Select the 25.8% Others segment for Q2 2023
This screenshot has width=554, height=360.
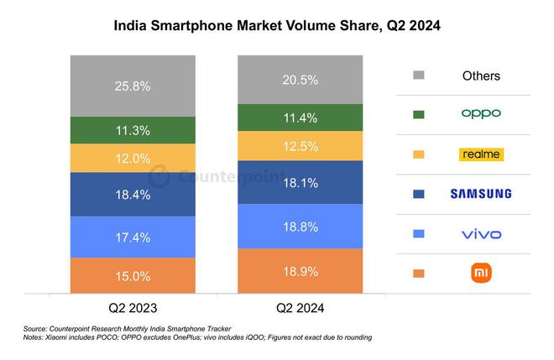133,86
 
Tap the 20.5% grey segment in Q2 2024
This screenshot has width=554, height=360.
301,80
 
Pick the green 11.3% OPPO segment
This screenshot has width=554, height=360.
133,130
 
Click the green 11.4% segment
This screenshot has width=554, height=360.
301,117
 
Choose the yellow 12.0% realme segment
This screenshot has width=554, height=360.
133,158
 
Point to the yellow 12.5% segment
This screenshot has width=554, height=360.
301,146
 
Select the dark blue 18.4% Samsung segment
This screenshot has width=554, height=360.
133,195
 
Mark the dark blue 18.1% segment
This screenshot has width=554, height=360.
301,182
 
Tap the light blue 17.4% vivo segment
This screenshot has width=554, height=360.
133,237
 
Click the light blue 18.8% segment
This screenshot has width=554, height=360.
301,227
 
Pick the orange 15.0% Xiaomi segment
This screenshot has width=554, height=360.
133,275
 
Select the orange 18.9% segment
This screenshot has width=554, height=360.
301,270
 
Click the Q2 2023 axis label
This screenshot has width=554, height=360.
133,308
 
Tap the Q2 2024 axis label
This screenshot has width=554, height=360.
301,308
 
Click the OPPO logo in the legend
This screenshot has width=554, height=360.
481,113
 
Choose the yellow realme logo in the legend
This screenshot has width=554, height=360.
481,154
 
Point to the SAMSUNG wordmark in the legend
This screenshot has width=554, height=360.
481,194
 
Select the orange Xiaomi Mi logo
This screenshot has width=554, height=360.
481,273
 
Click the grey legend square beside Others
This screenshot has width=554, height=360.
419,76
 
